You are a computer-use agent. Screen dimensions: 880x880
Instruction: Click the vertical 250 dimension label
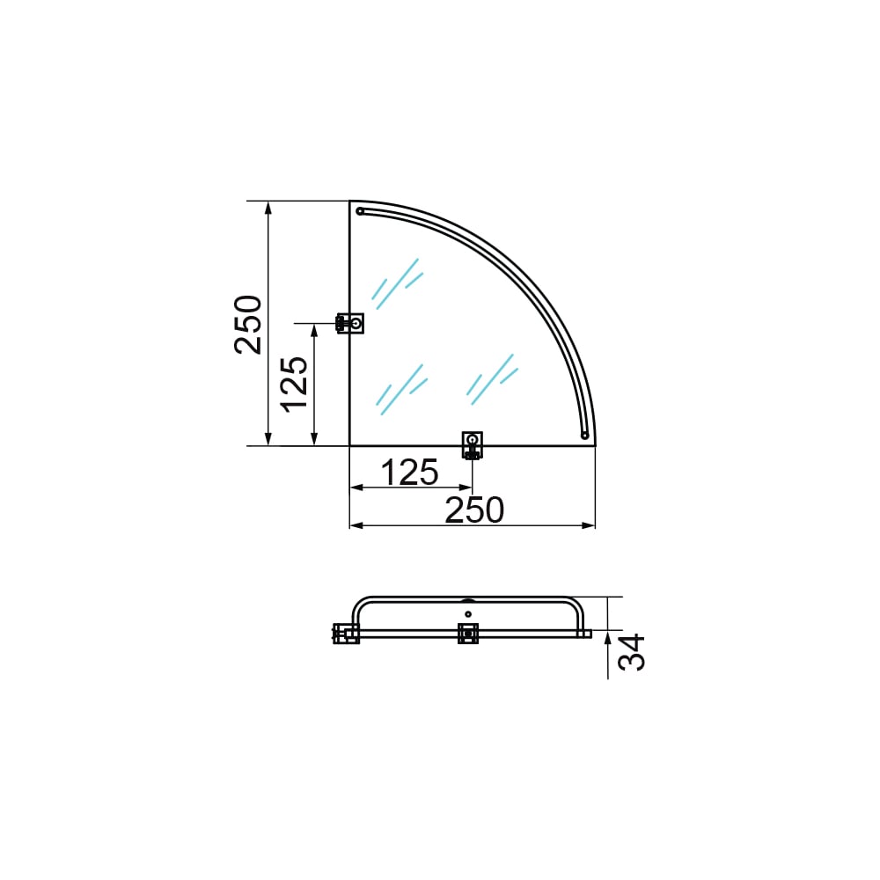(248, 325)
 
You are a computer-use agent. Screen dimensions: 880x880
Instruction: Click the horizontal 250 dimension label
(474, 510)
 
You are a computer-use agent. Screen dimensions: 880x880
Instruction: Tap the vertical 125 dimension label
(294, 385)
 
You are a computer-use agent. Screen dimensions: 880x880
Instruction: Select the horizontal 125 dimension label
(410, 473)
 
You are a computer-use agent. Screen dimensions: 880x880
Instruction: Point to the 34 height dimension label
(631, 652)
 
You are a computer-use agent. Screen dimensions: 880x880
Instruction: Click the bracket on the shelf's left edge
(350, 323)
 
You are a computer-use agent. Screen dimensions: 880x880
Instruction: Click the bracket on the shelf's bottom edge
(472, 445)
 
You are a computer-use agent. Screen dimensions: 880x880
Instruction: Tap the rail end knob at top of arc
(360, 211)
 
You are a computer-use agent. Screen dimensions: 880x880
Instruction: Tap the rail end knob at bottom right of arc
(584, 436)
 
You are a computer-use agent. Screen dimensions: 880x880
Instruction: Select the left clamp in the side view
(346, 634)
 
